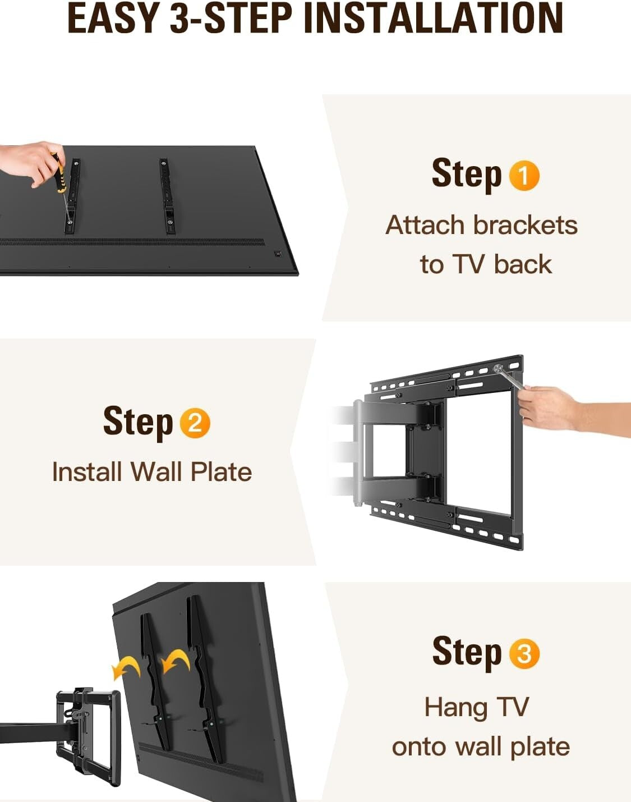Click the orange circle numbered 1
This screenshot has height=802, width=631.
[524, 176]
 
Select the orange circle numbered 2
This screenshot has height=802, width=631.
[195, 423]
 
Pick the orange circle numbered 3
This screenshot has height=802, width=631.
[524, 654]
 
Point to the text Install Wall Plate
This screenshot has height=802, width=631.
[151, 471]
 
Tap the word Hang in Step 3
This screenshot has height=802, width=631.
[455, 707]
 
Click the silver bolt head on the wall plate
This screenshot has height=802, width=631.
[498, 369]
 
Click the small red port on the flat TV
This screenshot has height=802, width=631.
[277, 254]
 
